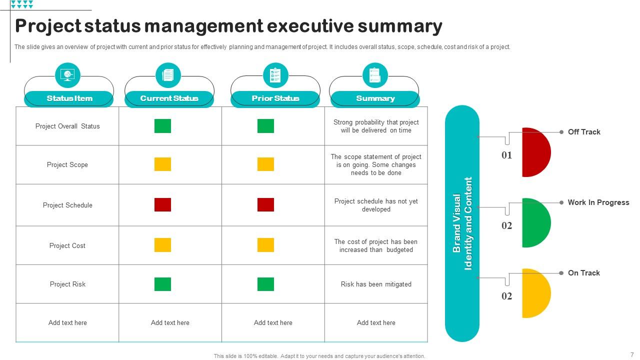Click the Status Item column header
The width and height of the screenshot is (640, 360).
pos(69,98)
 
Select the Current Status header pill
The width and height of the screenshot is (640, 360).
pos(169,98)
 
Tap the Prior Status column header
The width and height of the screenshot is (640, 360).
pos(275,98)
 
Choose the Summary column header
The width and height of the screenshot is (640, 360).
pos(375,98)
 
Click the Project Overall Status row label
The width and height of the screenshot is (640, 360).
pos(67,126)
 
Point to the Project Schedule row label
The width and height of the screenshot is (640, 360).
pos(67,205)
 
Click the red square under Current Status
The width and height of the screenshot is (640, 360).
pos(162,204)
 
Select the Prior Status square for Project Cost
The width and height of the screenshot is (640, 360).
pos(265,245)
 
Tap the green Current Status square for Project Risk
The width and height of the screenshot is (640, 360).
pos(162,284)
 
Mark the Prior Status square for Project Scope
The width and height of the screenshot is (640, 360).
pos(265,164)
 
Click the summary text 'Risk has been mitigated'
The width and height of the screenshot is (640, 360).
pos(376,284)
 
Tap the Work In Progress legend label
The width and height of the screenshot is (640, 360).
pos(598,202)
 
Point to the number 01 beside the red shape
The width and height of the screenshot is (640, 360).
pos(507,155)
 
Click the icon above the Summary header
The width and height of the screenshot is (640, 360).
pos(375,75)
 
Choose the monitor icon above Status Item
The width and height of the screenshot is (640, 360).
pos(67,75)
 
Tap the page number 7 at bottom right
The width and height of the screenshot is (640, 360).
pos(632,354)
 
